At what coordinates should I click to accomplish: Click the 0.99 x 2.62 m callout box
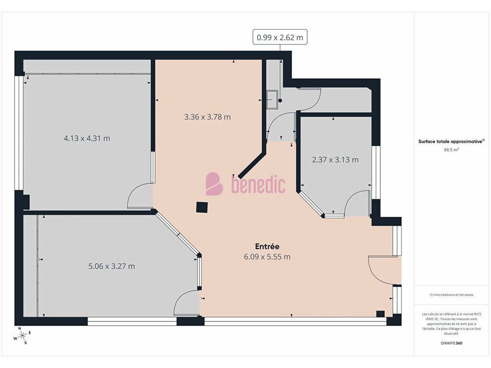pos(280,37)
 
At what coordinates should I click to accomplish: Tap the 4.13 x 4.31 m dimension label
pos(87,138)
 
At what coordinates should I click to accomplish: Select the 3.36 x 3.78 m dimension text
pos(207,117)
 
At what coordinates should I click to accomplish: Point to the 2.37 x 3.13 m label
pos(335,160)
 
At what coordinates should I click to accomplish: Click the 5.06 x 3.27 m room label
pos(111,266)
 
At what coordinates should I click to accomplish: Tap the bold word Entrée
pos(267,246)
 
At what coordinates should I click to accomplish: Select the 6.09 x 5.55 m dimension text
pos(267,257)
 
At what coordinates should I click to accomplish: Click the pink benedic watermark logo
pos(245,184)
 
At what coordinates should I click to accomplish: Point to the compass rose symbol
pos(22,336)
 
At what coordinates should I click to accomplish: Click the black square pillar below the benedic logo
pos(202,207)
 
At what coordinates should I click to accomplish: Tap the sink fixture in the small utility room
pos(272,100)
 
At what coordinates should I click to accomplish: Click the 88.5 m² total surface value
pos(451,150)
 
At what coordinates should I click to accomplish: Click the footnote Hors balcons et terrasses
pos(451,295)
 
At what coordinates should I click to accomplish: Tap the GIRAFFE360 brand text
pos(451,343)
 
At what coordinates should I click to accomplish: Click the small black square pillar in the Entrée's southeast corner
pos(380,314)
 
